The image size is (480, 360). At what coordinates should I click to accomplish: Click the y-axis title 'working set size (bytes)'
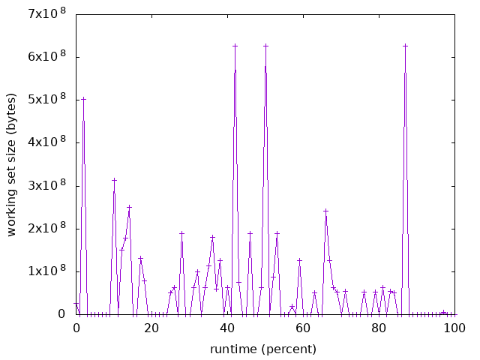click(x=12, y=164)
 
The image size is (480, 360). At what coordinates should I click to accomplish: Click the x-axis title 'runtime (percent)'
click(x=263, y=349)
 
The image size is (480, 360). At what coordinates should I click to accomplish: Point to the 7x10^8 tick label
click(x=47, y=14)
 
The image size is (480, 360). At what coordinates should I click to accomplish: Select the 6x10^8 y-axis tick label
click(x=47, y=57)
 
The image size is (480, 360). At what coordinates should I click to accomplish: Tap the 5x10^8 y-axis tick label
click(x=47, y=100)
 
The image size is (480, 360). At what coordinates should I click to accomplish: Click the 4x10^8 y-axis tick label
click(x=47, y=142)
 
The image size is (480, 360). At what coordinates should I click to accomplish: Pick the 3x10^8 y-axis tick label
click(x=47, y=186)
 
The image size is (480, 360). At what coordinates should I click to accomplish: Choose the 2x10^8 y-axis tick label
click(x=47, y=229)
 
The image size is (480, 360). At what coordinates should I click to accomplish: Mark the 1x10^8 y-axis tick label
click(x=47, y=271)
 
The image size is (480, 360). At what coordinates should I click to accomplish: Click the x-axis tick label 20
click(x=151, y=328)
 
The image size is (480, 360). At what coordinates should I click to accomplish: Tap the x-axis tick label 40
click(x=227, y=328)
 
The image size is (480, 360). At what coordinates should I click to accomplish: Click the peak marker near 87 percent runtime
click(x=405, y=46)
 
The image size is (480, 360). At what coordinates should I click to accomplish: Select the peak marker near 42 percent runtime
click(x=235, y=46)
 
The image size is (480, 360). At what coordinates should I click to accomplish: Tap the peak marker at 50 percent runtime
click(x=265, y=46)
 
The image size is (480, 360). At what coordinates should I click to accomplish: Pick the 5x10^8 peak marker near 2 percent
click(x=83, y=99)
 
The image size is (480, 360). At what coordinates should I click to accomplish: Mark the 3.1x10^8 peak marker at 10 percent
click(x=114, y=180)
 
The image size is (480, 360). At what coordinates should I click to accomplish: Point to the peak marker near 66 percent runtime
click(x=325, y=211)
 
